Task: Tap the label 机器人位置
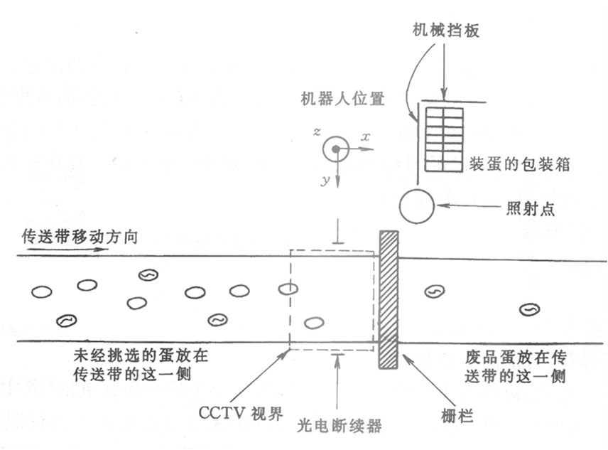340,100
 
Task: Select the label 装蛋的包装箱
519,164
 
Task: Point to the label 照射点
533,209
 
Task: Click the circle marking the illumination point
416,207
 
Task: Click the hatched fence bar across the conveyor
389,299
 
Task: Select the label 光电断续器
339,426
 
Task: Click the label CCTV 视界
232,411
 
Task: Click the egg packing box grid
444,139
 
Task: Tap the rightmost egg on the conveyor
528,309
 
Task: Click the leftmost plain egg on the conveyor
42,291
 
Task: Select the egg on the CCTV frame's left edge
288,289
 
